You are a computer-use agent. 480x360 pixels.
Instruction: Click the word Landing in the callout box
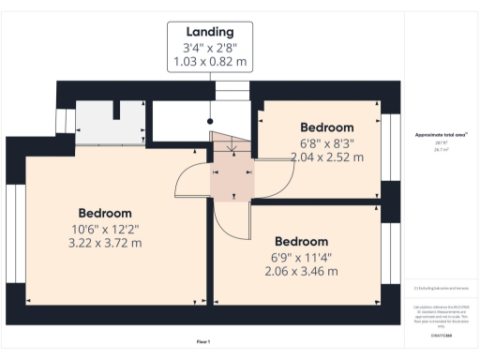(210, 31)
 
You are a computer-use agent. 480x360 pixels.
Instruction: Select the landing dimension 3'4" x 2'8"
(210, 47)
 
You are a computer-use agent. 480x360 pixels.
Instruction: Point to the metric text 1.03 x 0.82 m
(210, 62)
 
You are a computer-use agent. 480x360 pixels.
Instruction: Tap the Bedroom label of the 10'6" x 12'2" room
(104, 213)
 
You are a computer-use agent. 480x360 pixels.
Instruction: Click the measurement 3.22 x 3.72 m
(104, 243)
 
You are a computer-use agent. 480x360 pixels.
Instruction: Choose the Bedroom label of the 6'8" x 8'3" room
(326, 127)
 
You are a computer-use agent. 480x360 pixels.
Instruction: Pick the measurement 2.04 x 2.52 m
(326, 157)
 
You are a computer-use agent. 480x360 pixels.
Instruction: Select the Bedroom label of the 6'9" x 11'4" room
(301, 240)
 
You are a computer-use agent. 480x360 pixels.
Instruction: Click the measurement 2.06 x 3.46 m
(301, 271)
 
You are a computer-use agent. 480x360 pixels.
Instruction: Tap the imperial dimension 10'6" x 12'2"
(104, 228)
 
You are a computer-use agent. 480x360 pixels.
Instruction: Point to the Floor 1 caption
(203, 341)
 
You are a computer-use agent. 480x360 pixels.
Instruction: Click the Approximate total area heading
(441, 135)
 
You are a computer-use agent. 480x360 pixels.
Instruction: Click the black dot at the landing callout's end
(211, 120)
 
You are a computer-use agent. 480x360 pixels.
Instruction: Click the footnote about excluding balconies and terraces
(441, 286)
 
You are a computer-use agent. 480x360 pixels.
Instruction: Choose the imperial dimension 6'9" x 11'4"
(301, 256)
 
